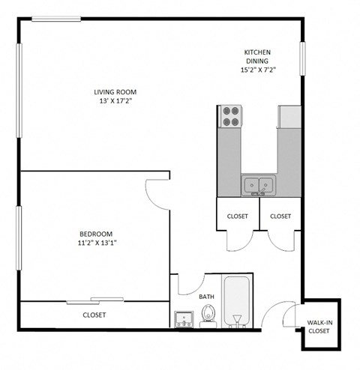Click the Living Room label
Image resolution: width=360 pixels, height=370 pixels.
[x=121, y=92]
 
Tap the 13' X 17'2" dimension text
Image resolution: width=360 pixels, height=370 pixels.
[x=121, y=101]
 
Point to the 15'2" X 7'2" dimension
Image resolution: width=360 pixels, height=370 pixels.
[x=257, y=71]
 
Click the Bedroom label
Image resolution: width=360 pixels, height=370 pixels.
[x=97, y=233]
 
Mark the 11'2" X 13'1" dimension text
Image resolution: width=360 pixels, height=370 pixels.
[x=97, y=243]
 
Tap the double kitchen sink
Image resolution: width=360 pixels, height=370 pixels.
[x=258, y=184]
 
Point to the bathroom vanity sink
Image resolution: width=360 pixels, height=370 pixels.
[x=184, y=321]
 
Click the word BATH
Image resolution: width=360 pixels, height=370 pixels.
[x=207, y=297]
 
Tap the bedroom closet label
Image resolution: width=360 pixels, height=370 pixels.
[x=94, y=315]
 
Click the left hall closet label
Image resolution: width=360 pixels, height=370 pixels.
[x=238, y=216]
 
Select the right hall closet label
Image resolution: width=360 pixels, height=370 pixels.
[x=280, y=216]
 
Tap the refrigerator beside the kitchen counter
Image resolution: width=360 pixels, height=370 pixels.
[x=289, y=116]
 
